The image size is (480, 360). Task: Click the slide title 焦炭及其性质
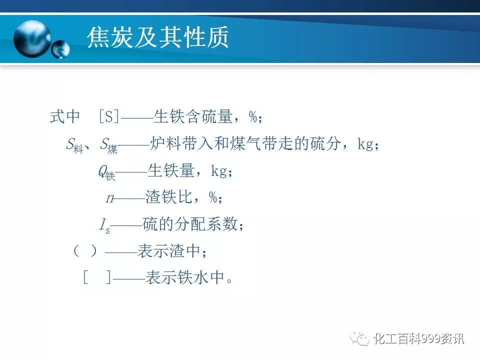pyautogui.click(x=157, y=38)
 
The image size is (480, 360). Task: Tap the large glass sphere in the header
pyautogui.click(x=32, y=38)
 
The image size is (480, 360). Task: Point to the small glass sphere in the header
pyautogui.click(x=60, y=49)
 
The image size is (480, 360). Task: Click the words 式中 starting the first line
pyautogui.click(x=65, y=117)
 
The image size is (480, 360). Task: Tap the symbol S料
pyautogui.click(x=74, y=145)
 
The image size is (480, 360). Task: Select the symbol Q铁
pyautogui.click(x=106, y=172)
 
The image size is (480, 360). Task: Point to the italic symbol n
pyautogui.click(x=110, y=198)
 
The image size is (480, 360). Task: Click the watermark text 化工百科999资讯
pyautogui.click(x=418, y=339)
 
